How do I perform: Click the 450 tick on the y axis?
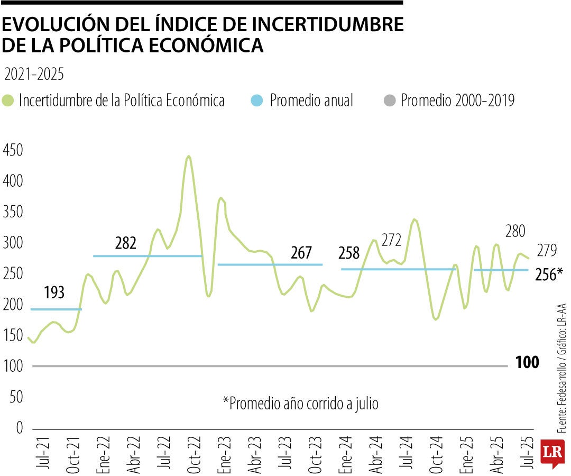[12, 151]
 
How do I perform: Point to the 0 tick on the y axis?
[19, 428]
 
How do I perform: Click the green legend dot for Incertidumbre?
[8, 100]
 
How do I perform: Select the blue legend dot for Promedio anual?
[256, 100]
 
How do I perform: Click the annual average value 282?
[126, 243]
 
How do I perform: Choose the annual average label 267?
[301, 253]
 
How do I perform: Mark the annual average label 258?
[349, 253]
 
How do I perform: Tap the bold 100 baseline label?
[527, 363]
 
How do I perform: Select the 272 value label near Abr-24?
[391, 241]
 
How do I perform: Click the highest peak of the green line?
[189, 157]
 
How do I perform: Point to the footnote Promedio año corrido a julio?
[300, 403]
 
